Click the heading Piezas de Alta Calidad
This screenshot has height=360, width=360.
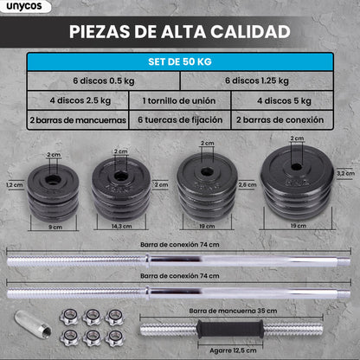[179, 32]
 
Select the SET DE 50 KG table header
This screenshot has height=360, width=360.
[179, 62]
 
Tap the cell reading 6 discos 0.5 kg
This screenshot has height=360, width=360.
[103, 80]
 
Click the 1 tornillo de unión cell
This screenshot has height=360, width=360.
[179, 100]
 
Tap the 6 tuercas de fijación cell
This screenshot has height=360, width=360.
[179, 120]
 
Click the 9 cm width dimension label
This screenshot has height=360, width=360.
[54, 226]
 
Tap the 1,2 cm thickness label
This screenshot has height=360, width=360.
[12, 184]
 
